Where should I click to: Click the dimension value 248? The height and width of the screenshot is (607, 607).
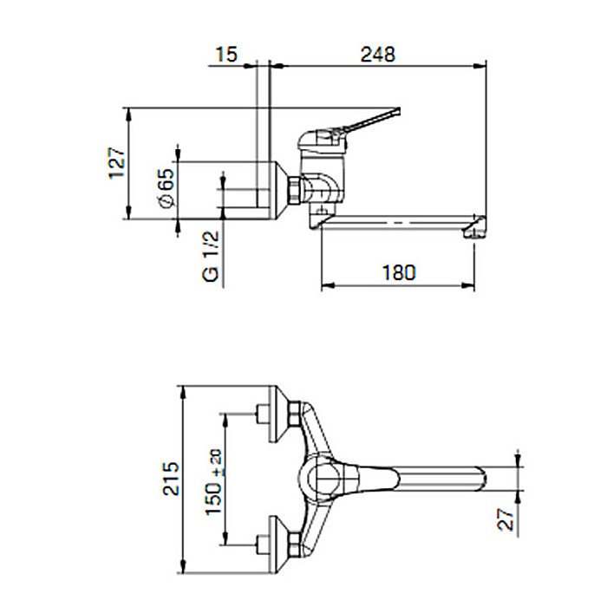click(x=377, y=54)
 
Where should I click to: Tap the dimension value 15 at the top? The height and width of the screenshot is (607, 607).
click(x=226, y=54)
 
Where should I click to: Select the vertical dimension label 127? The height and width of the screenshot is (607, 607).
click(x=117, y=163)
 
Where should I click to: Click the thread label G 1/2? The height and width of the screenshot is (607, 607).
click(x=211, y=257)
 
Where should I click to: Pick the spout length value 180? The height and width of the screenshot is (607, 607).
click(x=399, y=272)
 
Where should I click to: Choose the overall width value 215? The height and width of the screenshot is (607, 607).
click(x=171, y=479)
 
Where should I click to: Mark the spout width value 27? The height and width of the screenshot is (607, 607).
click(x=506, y=519)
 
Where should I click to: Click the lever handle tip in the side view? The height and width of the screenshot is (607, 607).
click(x=398, y=111)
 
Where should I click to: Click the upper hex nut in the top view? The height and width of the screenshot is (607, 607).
click(x=295, y=414)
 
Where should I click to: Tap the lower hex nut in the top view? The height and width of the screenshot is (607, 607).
click(x=295, y=545)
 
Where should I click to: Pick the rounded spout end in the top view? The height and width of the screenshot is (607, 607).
click(x=482, y=479)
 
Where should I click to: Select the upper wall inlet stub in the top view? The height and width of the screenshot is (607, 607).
click(x=263, y=414)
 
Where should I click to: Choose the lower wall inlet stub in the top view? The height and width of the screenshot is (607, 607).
click(x=263, y=545)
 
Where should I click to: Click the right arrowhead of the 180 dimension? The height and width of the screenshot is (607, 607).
click(x=468, y=285)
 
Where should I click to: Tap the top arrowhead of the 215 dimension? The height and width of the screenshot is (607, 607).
click(x=184, y=393)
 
